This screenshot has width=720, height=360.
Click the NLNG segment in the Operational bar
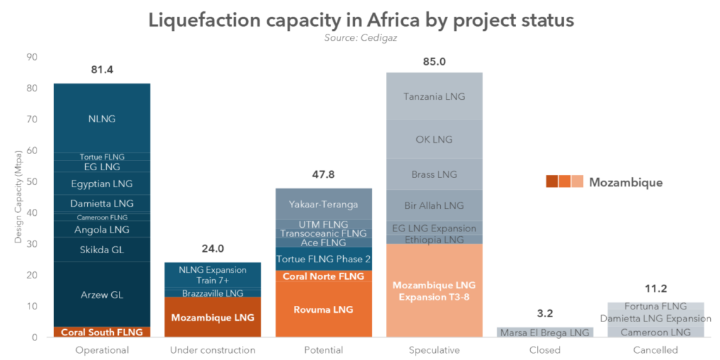click(x=102, y=119)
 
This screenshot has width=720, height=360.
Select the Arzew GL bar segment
click(x=102, y=295)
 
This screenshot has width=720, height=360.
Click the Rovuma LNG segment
click(x=323, y=309)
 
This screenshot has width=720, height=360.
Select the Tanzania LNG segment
click(x=434, y=96)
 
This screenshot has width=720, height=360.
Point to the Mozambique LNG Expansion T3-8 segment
click(x=434, y=290)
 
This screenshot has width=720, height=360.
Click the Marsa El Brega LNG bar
click(x=545, y=333)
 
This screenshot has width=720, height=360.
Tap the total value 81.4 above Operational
click(x=102, y=70)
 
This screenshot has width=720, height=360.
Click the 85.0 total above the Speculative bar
click(x=434, y=62)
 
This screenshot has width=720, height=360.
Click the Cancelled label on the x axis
click(x=655, y=350)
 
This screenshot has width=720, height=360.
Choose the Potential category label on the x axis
click(x=323, y=350)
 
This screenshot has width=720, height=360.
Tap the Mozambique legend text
click(x=625, y=183)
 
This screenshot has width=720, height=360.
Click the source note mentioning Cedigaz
click(x=361, y=37)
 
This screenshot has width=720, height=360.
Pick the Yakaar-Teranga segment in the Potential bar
click(x=323, y=205)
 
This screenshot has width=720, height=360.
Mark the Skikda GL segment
click(x=102, y=250)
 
